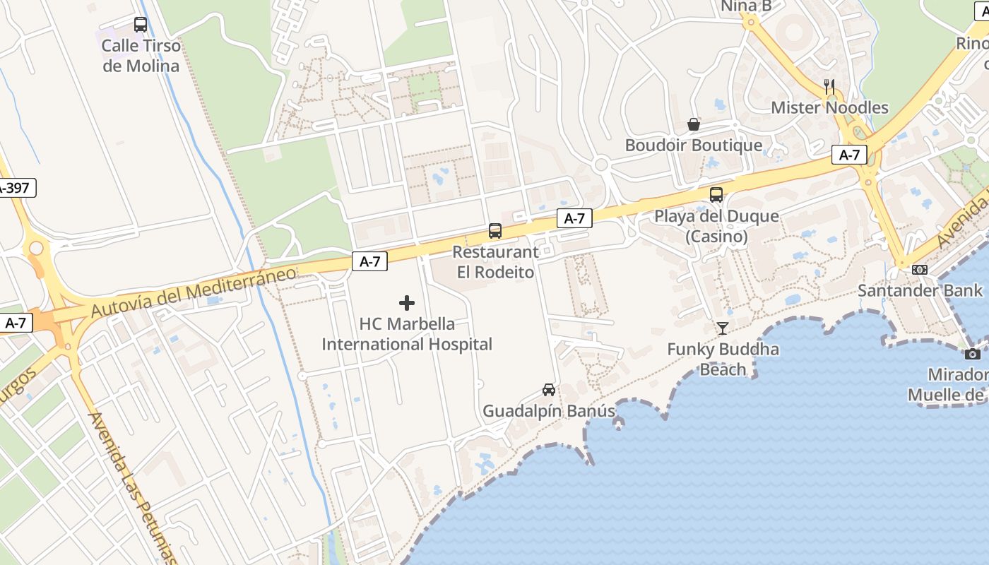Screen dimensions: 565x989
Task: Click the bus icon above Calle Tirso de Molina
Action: point(141,25)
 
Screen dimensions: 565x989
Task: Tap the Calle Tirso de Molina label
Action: point(141,56)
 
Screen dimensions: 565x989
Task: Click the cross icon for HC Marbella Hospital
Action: point(407,303)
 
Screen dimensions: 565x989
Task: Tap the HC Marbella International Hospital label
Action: point(407,334)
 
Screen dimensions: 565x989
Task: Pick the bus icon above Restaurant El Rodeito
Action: point(495,231)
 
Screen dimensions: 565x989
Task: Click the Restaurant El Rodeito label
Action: point(495,261)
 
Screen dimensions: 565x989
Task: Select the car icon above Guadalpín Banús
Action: point(549,389)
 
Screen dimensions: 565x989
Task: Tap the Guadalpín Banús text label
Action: point(549,410)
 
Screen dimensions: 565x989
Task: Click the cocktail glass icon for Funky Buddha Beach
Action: point(723,328)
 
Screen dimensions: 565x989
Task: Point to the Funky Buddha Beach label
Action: point(723,359)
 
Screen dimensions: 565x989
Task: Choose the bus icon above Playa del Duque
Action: point(716,195)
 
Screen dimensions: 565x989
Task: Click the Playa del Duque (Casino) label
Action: point(716,226)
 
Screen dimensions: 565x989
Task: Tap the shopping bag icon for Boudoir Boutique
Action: point(694,124)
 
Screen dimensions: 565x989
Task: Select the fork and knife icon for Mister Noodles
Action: point(829,87)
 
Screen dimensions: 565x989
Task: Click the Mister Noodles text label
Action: point(829,107)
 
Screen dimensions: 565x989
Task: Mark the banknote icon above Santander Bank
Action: point(920,270)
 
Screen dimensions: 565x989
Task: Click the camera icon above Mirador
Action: point(973,354)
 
